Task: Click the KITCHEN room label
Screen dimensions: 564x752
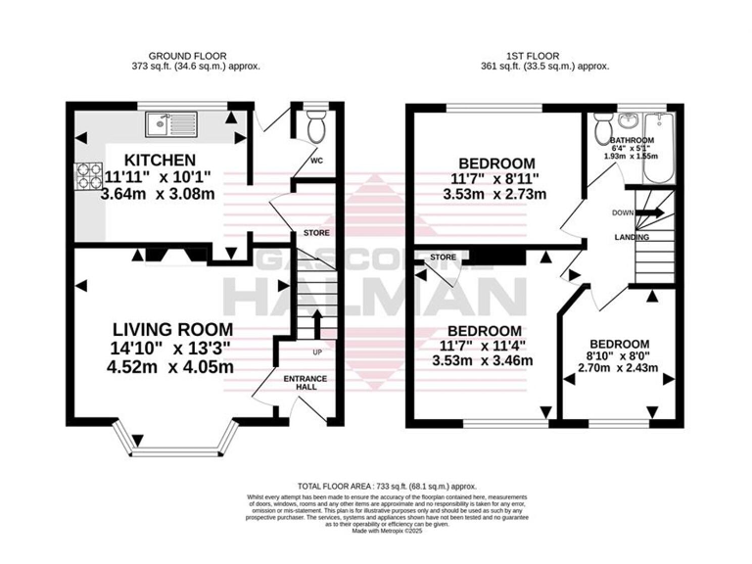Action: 160,160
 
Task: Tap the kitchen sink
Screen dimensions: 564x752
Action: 171,123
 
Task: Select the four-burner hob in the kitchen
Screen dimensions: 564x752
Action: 88,176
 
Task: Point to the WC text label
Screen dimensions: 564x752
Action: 316,161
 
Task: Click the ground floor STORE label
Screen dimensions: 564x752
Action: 316,233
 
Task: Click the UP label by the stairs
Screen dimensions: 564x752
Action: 316,352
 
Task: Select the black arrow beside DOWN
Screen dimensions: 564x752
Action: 653,211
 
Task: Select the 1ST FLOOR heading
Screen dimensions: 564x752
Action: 542,55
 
